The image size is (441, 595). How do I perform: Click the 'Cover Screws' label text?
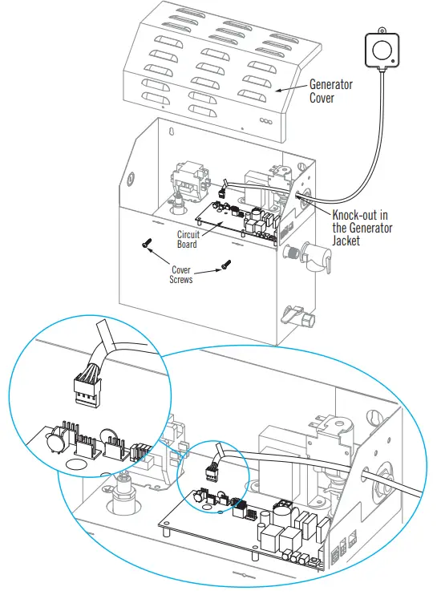point(184,274)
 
